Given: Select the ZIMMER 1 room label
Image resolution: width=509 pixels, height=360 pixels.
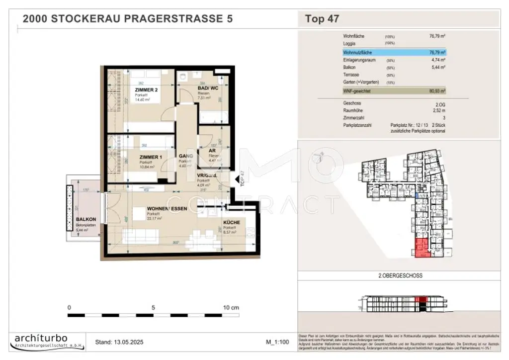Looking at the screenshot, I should pyautogui.click(x=150, y=157).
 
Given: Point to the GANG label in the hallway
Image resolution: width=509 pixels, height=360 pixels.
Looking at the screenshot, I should pyautogui.click(x=186, y=156).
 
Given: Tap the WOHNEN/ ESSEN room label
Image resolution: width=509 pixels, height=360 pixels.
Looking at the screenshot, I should pyautogui.click(x=167, y=209).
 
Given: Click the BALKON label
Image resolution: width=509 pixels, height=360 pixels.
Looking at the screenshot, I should pyautogui.click(x=85, y=219).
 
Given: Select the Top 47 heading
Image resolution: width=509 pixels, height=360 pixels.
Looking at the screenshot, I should pyautogui.click(x=322, y=19).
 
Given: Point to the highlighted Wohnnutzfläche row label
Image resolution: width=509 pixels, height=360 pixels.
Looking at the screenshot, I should pyautogui.click(x=357, y=52).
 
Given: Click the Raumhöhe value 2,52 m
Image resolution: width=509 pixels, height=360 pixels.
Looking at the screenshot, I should pyautogui.click(x=438, y=111).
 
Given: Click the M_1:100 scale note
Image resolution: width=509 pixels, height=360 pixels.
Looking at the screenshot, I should pyautogui.click(x=277, y=342).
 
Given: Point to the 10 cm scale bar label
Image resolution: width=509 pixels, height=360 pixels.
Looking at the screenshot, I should pyautogui.click(x=231, y=307).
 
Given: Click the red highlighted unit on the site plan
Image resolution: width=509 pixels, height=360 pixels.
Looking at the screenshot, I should pyautogui.click(x=421, y=248).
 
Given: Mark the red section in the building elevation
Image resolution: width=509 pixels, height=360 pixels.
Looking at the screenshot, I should pyautogui.click(x=421, y=300).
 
